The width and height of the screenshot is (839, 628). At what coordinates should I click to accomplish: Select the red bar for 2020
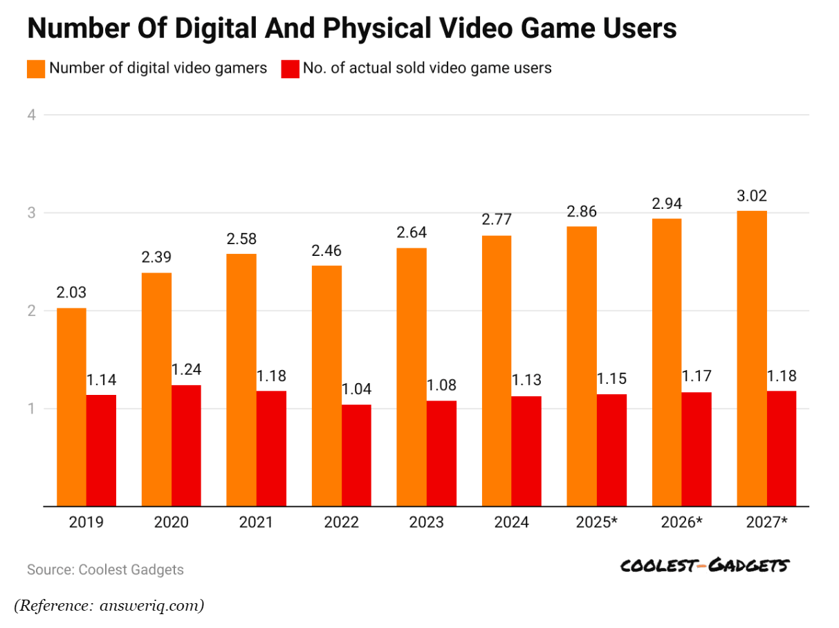[186, 445]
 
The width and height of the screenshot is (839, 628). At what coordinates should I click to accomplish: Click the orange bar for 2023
[412, 377]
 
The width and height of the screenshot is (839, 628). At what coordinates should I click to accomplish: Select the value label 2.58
[241, 240]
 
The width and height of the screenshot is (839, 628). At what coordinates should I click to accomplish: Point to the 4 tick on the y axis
[32, 115]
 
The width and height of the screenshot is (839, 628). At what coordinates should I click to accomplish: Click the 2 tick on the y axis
[32, 311]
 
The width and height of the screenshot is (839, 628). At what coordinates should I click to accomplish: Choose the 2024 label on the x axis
[511, 522]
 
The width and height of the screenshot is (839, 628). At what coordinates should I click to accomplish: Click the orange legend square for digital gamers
[36, 68]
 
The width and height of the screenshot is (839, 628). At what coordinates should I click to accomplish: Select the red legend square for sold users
[291, 68]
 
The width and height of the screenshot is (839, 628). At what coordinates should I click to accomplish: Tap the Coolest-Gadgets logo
[704, 566]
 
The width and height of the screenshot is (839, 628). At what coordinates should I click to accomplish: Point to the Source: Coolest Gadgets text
[105, 570]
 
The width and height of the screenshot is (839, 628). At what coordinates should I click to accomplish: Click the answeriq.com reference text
[151, 606]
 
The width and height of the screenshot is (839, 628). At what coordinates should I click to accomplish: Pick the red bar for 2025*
[611, 450]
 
